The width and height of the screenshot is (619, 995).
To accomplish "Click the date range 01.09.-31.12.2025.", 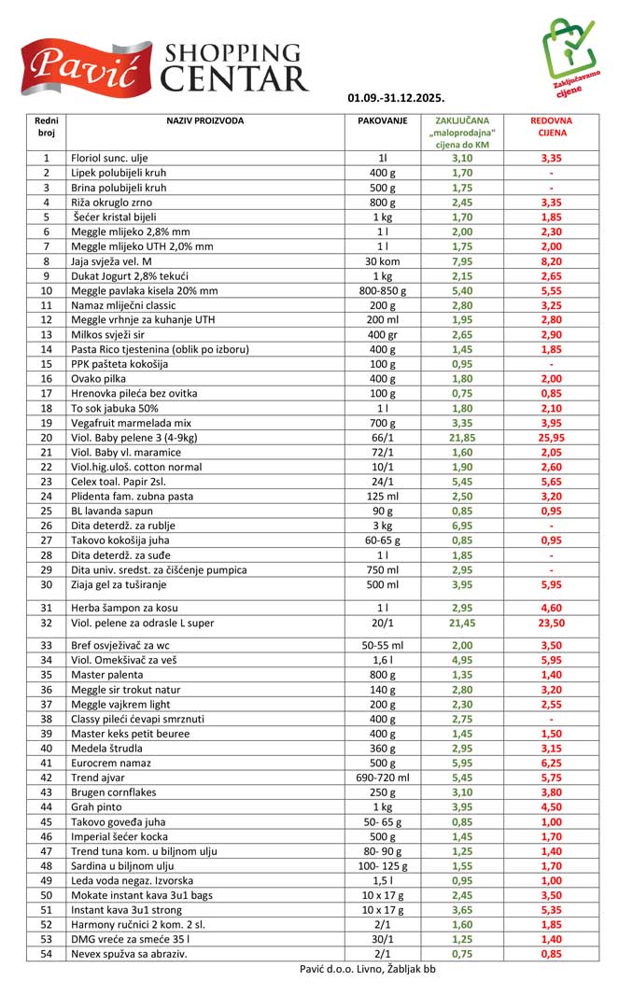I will [396, 97].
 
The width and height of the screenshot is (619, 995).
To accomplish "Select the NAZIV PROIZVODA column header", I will [205, 121].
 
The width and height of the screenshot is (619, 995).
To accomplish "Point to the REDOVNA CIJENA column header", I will [551, 127].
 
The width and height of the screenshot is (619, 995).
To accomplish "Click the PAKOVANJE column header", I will [383, 121].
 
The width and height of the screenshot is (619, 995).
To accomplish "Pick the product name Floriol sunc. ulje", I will [109, 159].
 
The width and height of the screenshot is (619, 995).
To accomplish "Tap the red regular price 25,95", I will [551, 438].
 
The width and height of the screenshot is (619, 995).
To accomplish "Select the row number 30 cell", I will [46, 585].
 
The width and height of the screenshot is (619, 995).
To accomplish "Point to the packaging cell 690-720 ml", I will [383, 778].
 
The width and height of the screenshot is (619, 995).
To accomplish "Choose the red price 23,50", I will [551, 623].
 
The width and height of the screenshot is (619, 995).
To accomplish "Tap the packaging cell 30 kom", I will [383, 262].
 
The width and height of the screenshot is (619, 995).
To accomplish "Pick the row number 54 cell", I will [46, 954].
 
